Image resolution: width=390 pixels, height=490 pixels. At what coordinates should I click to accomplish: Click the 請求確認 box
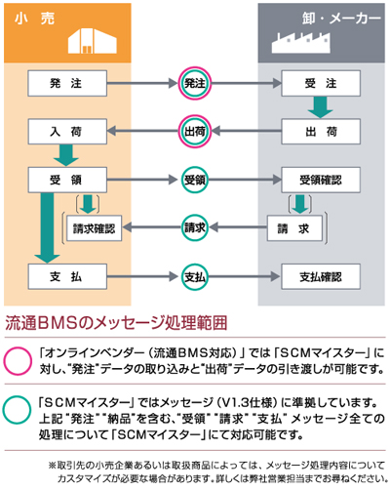[94, 228]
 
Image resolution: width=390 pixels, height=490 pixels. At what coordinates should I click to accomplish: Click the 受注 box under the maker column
[320, 84]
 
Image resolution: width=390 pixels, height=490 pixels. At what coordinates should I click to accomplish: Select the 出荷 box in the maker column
[320, 131]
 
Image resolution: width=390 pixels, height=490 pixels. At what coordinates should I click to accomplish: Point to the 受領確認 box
[320, 180]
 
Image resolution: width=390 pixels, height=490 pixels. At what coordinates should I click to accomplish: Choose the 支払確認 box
[320, 276]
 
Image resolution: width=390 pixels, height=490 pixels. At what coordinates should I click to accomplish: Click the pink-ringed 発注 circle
[194, 84]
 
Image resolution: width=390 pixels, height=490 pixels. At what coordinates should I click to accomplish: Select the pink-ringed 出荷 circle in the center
[194, 131]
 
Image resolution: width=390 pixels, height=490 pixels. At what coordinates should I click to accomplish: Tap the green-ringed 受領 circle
[194, 180]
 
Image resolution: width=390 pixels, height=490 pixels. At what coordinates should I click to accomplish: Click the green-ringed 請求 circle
[194, 228]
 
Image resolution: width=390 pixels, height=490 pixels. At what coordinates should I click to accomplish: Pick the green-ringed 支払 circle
[194, 276]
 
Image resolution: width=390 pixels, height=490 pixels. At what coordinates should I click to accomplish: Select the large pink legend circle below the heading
[18, 358]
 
